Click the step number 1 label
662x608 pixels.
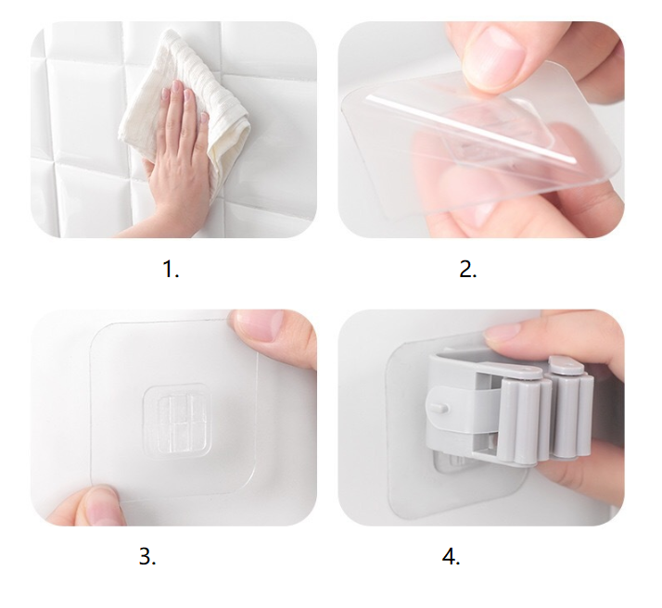tap(171, 269)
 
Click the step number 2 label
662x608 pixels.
tap(468, 269)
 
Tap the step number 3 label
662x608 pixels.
tap(147, 556)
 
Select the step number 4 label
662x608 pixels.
tap(451, 556)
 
